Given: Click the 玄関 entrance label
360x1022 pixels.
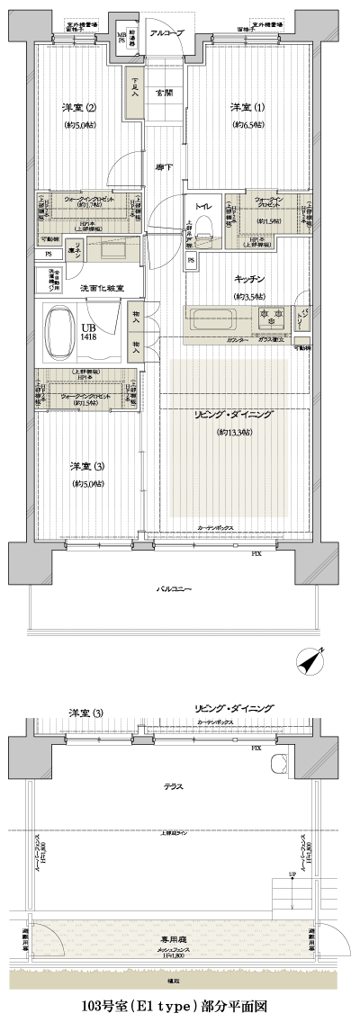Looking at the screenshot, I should point(163,93).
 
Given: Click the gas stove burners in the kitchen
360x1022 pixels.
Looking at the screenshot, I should point(270,318).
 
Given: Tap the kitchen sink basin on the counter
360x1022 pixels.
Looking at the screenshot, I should point(210,318).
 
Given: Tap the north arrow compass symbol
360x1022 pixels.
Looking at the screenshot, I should point(311,660).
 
